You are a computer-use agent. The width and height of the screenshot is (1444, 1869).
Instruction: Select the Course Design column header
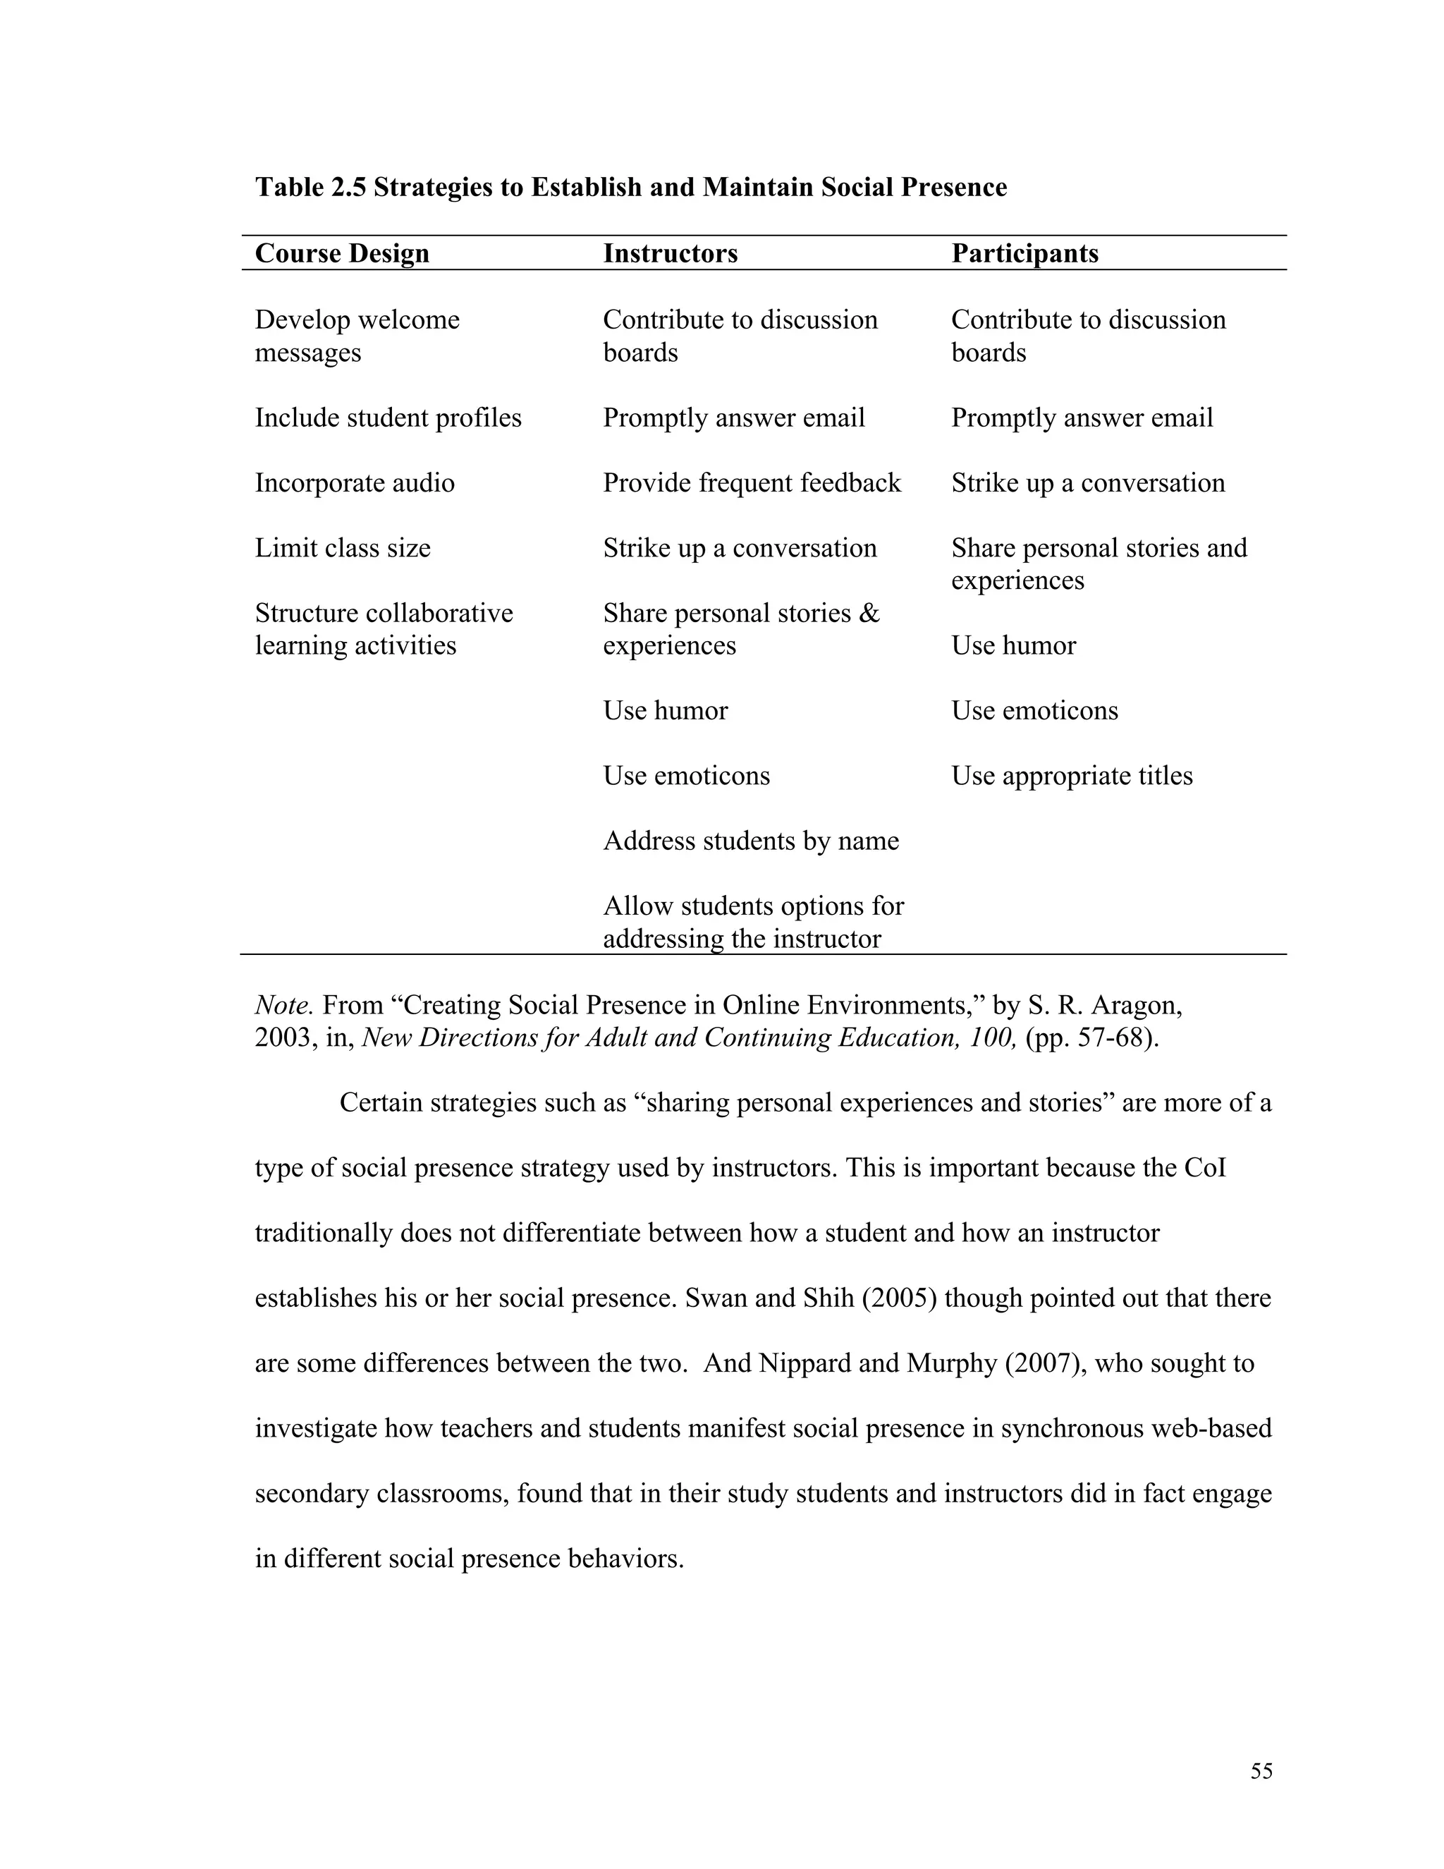(x=341, y=253)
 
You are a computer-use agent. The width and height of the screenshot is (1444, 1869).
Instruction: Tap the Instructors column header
(x=670, y=253)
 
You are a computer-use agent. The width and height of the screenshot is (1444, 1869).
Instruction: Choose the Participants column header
(x=1024, y=253)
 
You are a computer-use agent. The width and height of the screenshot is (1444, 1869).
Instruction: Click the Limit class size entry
(x=342, y=548)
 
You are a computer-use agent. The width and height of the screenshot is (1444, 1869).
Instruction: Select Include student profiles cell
(x=388, y=418)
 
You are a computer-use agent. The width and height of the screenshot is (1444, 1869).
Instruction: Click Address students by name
(x=750, y=841)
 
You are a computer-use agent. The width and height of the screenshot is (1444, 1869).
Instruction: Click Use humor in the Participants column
(x=1013, y=645)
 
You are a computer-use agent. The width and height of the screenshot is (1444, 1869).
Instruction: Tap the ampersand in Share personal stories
(x=869, y=614)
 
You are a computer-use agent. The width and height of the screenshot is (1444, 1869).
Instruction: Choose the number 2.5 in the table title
(x=348, y=188)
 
